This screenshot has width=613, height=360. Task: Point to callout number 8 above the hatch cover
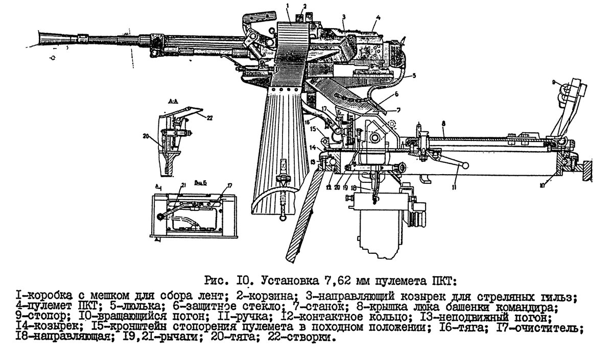(x=444, y=124)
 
